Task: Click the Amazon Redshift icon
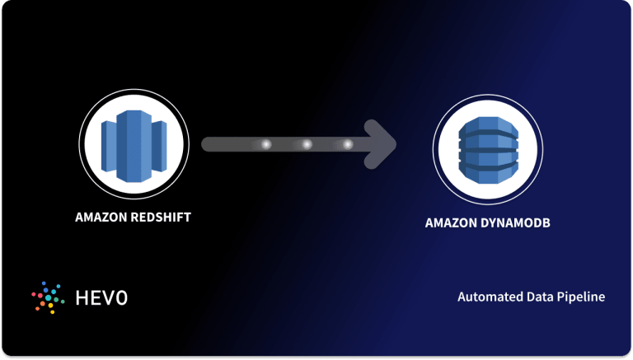tap(134, 144)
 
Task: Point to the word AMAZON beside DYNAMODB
tap(453, 223)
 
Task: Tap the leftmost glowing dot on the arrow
tap(265, 145)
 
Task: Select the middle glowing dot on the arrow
tap(307, 145)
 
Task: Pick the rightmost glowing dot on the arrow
tap(347, 145)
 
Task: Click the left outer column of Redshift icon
tap(109, 146)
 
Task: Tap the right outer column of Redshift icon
tap(158, 146)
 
